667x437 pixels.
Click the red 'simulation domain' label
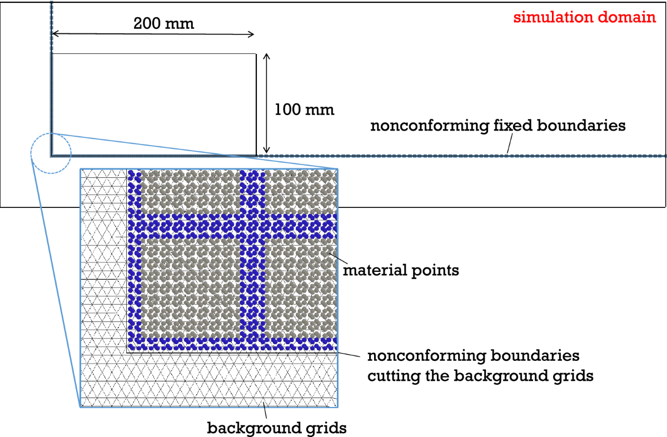pos(584,17)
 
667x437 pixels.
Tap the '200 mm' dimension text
pos(164,24)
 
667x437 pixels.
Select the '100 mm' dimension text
pos(305,110)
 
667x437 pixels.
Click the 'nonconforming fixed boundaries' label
pos(498,126)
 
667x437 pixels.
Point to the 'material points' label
pos(401,271)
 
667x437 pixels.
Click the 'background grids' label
pos(277,428)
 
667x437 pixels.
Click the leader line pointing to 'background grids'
pos(265,412)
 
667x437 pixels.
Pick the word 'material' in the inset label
pos(370,271)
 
